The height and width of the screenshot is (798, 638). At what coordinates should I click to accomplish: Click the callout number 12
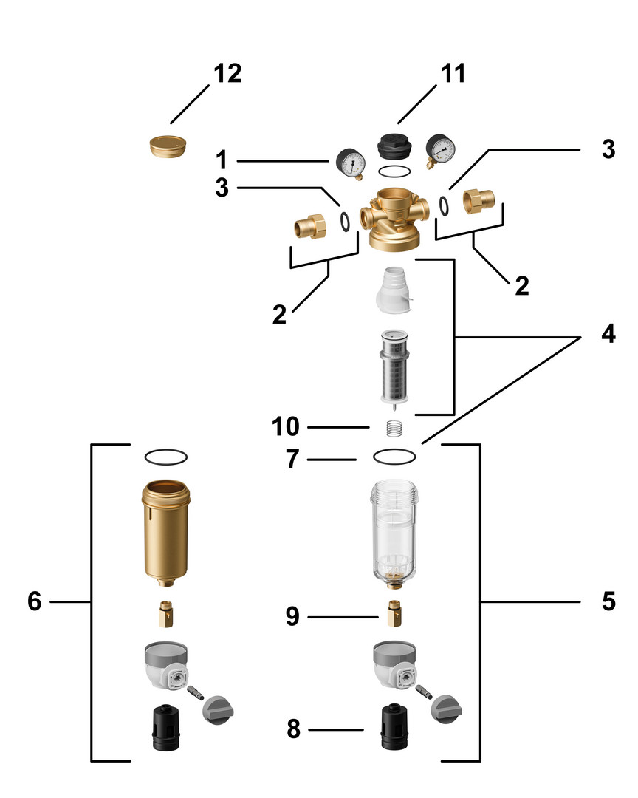tap(227, 74)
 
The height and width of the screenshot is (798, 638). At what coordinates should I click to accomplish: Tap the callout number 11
tap(453, 74)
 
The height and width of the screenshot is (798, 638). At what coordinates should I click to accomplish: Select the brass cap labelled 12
tap(168, 146)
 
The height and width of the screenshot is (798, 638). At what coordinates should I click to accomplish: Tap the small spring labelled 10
tap(397, 428)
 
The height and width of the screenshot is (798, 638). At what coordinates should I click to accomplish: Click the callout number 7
tap(293, 460)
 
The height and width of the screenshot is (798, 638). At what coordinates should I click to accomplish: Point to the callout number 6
tap(34, 601)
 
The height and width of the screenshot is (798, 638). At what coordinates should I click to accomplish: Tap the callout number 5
tap(608, 601)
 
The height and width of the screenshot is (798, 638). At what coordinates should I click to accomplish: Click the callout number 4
tap(608, 334)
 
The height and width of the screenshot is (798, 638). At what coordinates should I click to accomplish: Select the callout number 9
tap(293, 616)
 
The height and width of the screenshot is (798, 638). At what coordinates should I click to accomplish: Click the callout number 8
tap(293, 730)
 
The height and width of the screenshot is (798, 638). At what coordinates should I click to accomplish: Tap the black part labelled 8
tap(395, 729)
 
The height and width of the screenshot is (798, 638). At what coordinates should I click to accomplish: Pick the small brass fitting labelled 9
tap(395, 612)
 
